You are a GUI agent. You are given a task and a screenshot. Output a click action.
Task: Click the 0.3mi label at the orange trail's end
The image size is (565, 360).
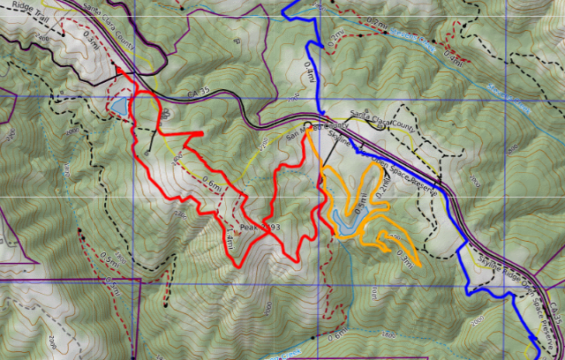[407, 259]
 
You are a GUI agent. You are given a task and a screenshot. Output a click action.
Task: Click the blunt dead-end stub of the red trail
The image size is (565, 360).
[201, 133]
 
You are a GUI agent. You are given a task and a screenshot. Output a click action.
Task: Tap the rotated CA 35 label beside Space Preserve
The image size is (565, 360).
[554, 311]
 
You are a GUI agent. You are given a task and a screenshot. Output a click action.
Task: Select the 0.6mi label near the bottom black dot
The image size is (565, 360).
[337, 334]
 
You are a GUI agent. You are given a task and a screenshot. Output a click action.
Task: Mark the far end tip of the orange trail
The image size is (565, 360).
[419, 263]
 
